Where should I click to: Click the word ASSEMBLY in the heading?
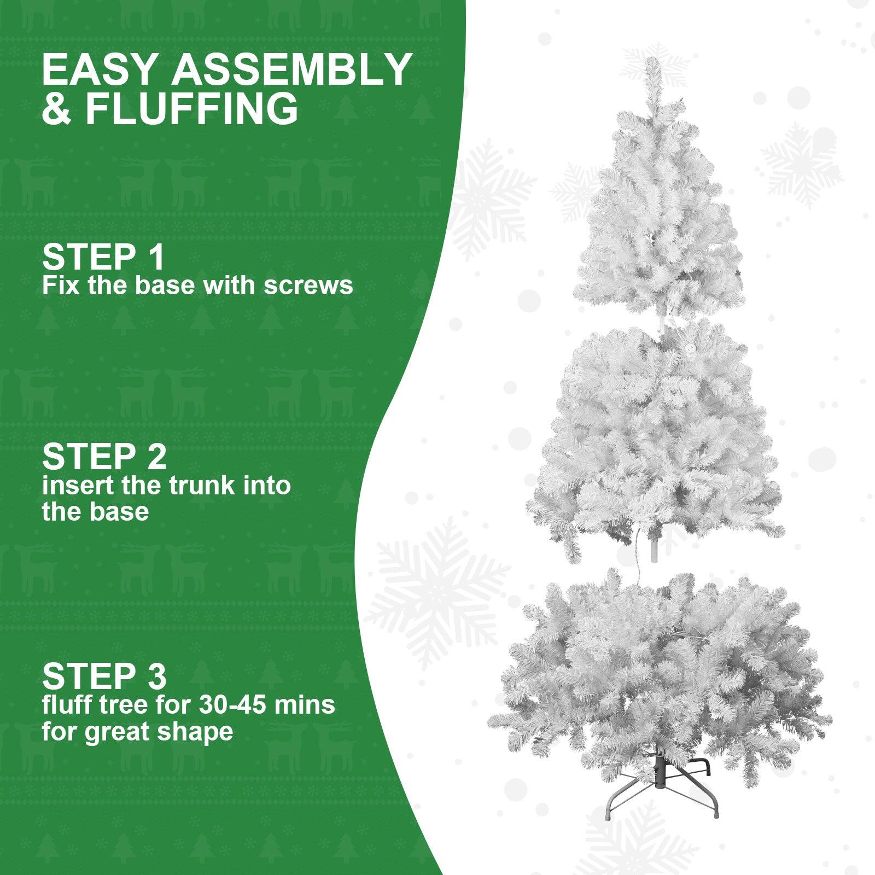click(293, 70)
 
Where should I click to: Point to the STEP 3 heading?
click(104, 676)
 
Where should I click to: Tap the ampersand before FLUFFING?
click(56, 109)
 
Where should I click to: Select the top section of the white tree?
click(659, 219)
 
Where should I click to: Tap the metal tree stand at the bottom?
click(662, 787)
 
